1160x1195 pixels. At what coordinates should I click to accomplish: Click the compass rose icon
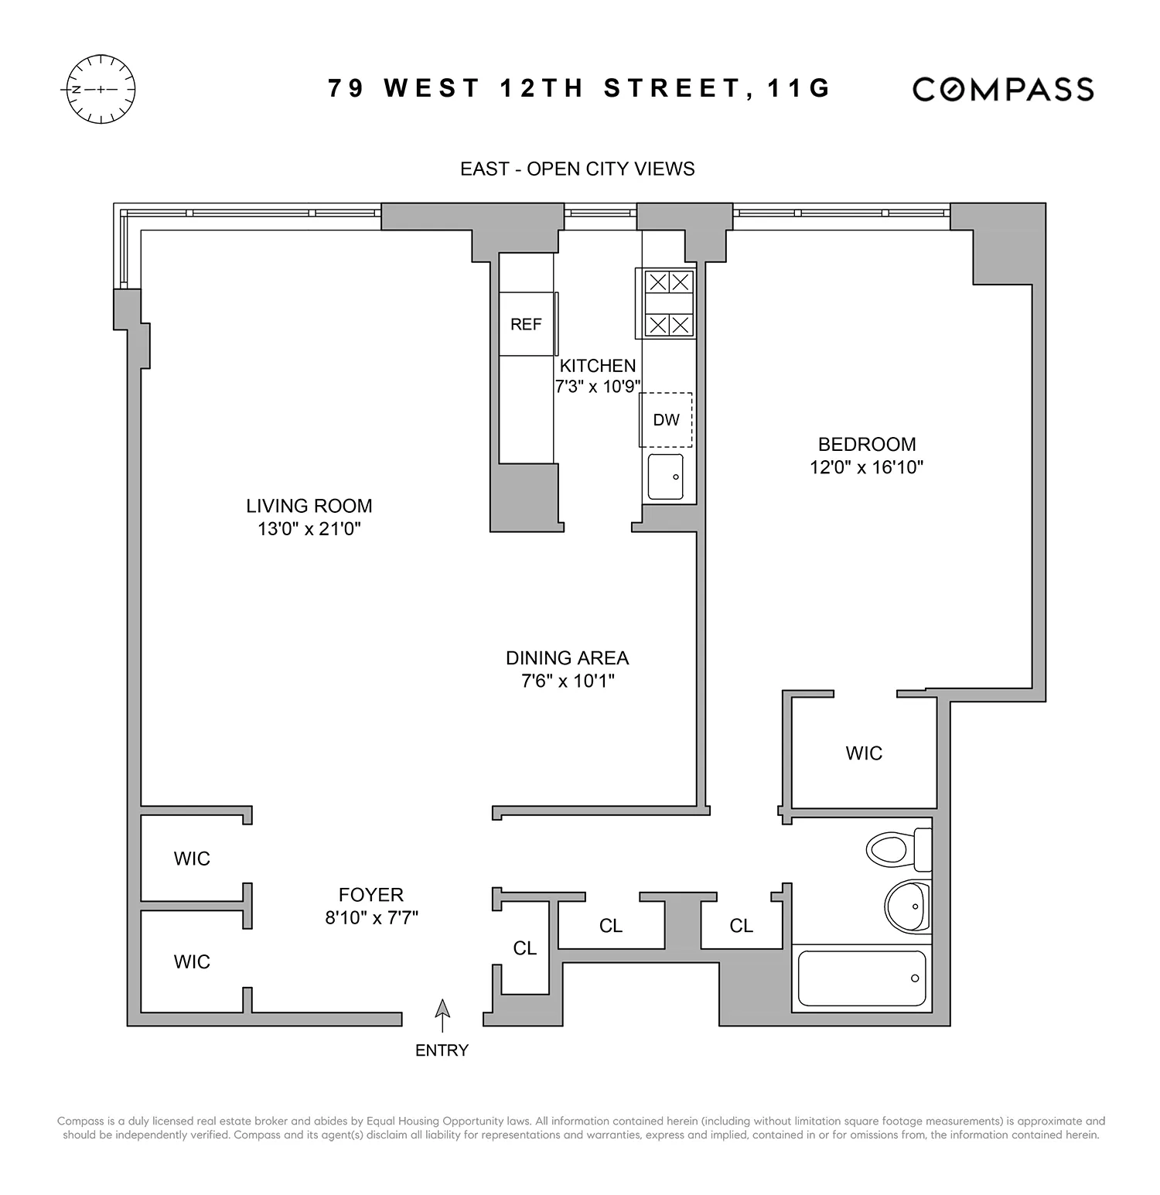tap(101, 89)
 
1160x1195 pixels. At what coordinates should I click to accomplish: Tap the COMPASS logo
tap(1003, 89)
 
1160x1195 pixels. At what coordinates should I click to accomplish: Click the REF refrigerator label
tap(526, 325)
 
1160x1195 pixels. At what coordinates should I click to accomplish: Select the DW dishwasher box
tap(666, 420)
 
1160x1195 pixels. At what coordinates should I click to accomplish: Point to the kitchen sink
tap(665, 476)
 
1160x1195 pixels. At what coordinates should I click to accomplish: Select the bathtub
tap(861, 978)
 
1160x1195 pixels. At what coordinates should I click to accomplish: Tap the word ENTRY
tap(442, 1050)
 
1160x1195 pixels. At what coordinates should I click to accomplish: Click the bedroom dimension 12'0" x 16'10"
tap(867, 467)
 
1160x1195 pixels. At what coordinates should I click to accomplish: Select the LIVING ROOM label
tap(309, 506)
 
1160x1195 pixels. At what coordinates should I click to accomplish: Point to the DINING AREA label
tap(567, 658)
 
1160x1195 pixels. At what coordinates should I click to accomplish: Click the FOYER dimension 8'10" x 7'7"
tap(371, 918)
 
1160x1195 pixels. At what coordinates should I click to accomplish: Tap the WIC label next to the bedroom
tap(864, 753)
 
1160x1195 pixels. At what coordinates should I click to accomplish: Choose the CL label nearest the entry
tap(524, 948)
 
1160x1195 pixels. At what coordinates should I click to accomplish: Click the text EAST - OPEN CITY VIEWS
tap(577, 169)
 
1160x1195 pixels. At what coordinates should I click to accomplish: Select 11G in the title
tap(798, 88)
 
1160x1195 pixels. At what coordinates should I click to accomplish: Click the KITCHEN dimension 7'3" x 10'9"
tap(599, 387)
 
